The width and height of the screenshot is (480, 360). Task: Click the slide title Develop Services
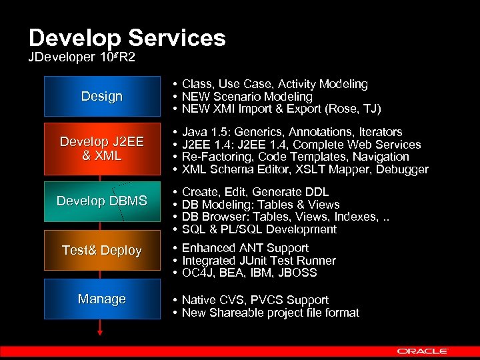[127, 38]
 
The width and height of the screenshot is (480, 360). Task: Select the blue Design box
[101, 96]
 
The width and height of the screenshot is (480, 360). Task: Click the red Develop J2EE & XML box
[101, 149]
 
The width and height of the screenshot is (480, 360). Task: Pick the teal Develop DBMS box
[101, 201]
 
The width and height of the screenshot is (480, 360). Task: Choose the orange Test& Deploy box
[101, 250]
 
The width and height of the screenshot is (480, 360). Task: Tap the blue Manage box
[101, 299]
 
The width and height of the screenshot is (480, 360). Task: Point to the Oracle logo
[423, 351]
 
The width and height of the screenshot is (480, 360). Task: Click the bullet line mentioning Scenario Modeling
[247, 97]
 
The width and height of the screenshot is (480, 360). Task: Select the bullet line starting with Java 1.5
[292, 132]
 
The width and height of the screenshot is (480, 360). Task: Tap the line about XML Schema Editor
[305, 169]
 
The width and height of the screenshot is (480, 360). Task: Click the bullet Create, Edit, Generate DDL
[255, 192]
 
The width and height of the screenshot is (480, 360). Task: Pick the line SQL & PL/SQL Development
[259, 229]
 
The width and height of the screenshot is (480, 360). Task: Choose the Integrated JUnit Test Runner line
[259, 261]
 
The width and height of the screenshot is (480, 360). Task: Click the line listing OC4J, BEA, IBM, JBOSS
[249, 273]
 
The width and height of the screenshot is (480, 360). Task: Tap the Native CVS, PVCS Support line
[255, 300]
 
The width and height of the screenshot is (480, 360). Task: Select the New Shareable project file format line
[270, 313]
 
